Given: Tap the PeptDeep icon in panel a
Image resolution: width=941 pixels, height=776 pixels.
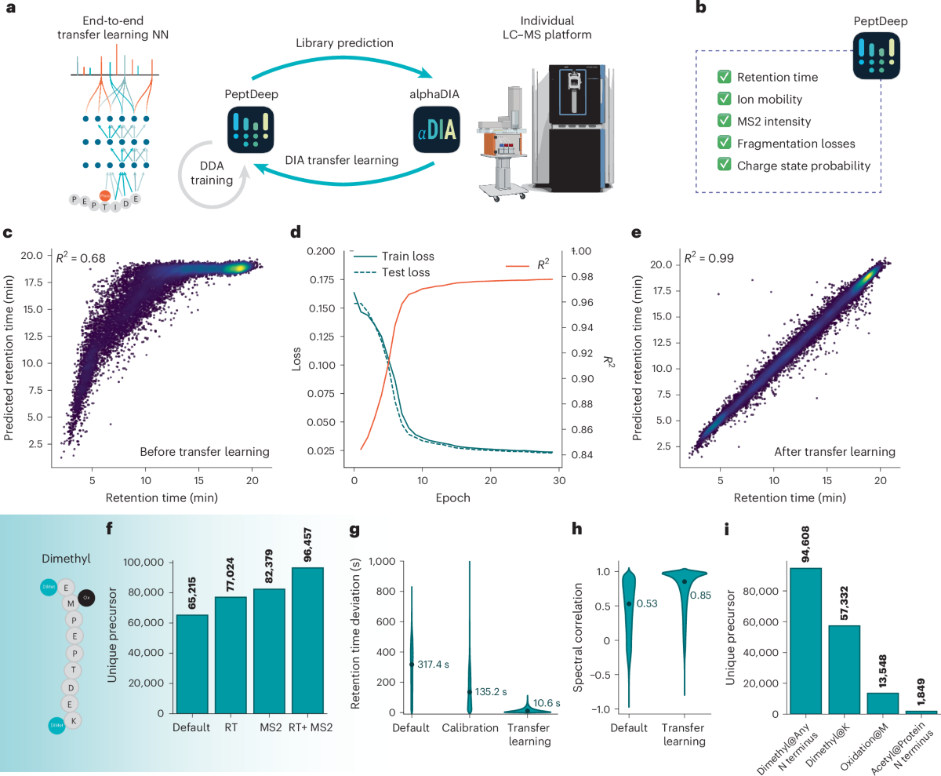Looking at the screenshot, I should [252, 130].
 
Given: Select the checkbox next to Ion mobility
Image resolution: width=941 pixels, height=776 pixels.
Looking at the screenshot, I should [725, 100].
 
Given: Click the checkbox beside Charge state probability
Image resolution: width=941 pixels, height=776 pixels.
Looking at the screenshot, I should [725, 166].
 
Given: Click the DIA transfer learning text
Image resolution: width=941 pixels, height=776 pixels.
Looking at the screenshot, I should [342, 160].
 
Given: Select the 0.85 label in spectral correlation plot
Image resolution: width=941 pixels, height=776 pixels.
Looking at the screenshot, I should [701, 596].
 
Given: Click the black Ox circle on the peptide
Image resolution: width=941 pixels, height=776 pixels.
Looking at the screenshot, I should [88, 597].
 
